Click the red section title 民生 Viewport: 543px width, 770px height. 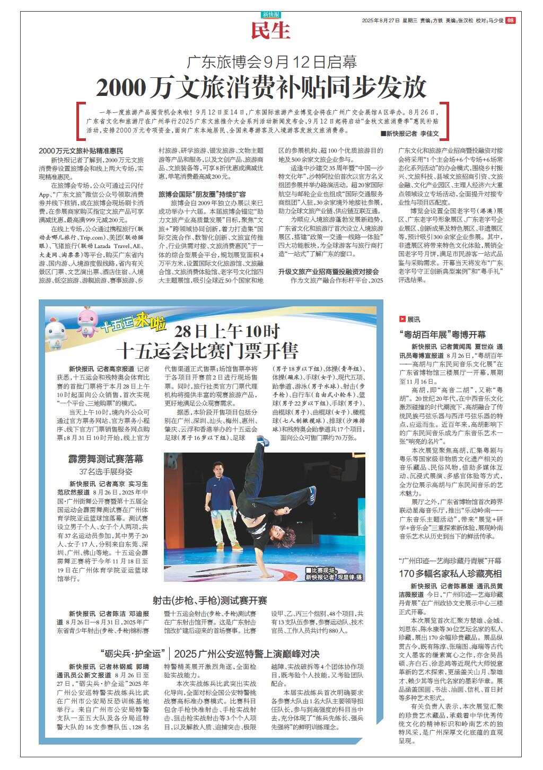(x=271, y=31)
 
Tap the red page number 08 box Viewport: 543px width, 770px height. (x=510, y=20)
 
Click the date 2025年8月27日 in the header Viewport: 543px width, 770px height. (x=380, y=20)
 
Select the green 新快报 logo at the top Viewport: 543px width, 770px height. (x=271, y=15)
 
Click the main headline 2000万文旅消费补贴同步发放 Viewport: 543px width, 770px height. (x=261, y=87)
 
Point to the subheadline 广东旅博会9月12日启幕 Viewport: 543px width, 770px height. (x=271, y=63)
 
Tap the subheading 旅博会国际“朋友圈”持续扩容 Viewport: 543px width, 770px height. (x=203, y=194)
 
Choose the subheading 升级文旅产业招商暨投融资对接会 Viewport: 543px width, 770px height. (x=329, y=271)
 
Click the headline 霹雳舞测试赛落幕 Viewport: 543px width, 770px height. (x=106, y=459)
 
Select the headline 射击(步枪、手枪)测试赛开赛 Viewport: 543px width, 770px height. (x=210, y=600)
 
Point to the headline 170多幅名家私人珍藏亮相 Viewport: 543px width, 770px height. (x=450, y=573)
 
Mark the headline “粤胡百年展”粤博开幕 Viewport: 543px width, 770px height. (x=442, y=335)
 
